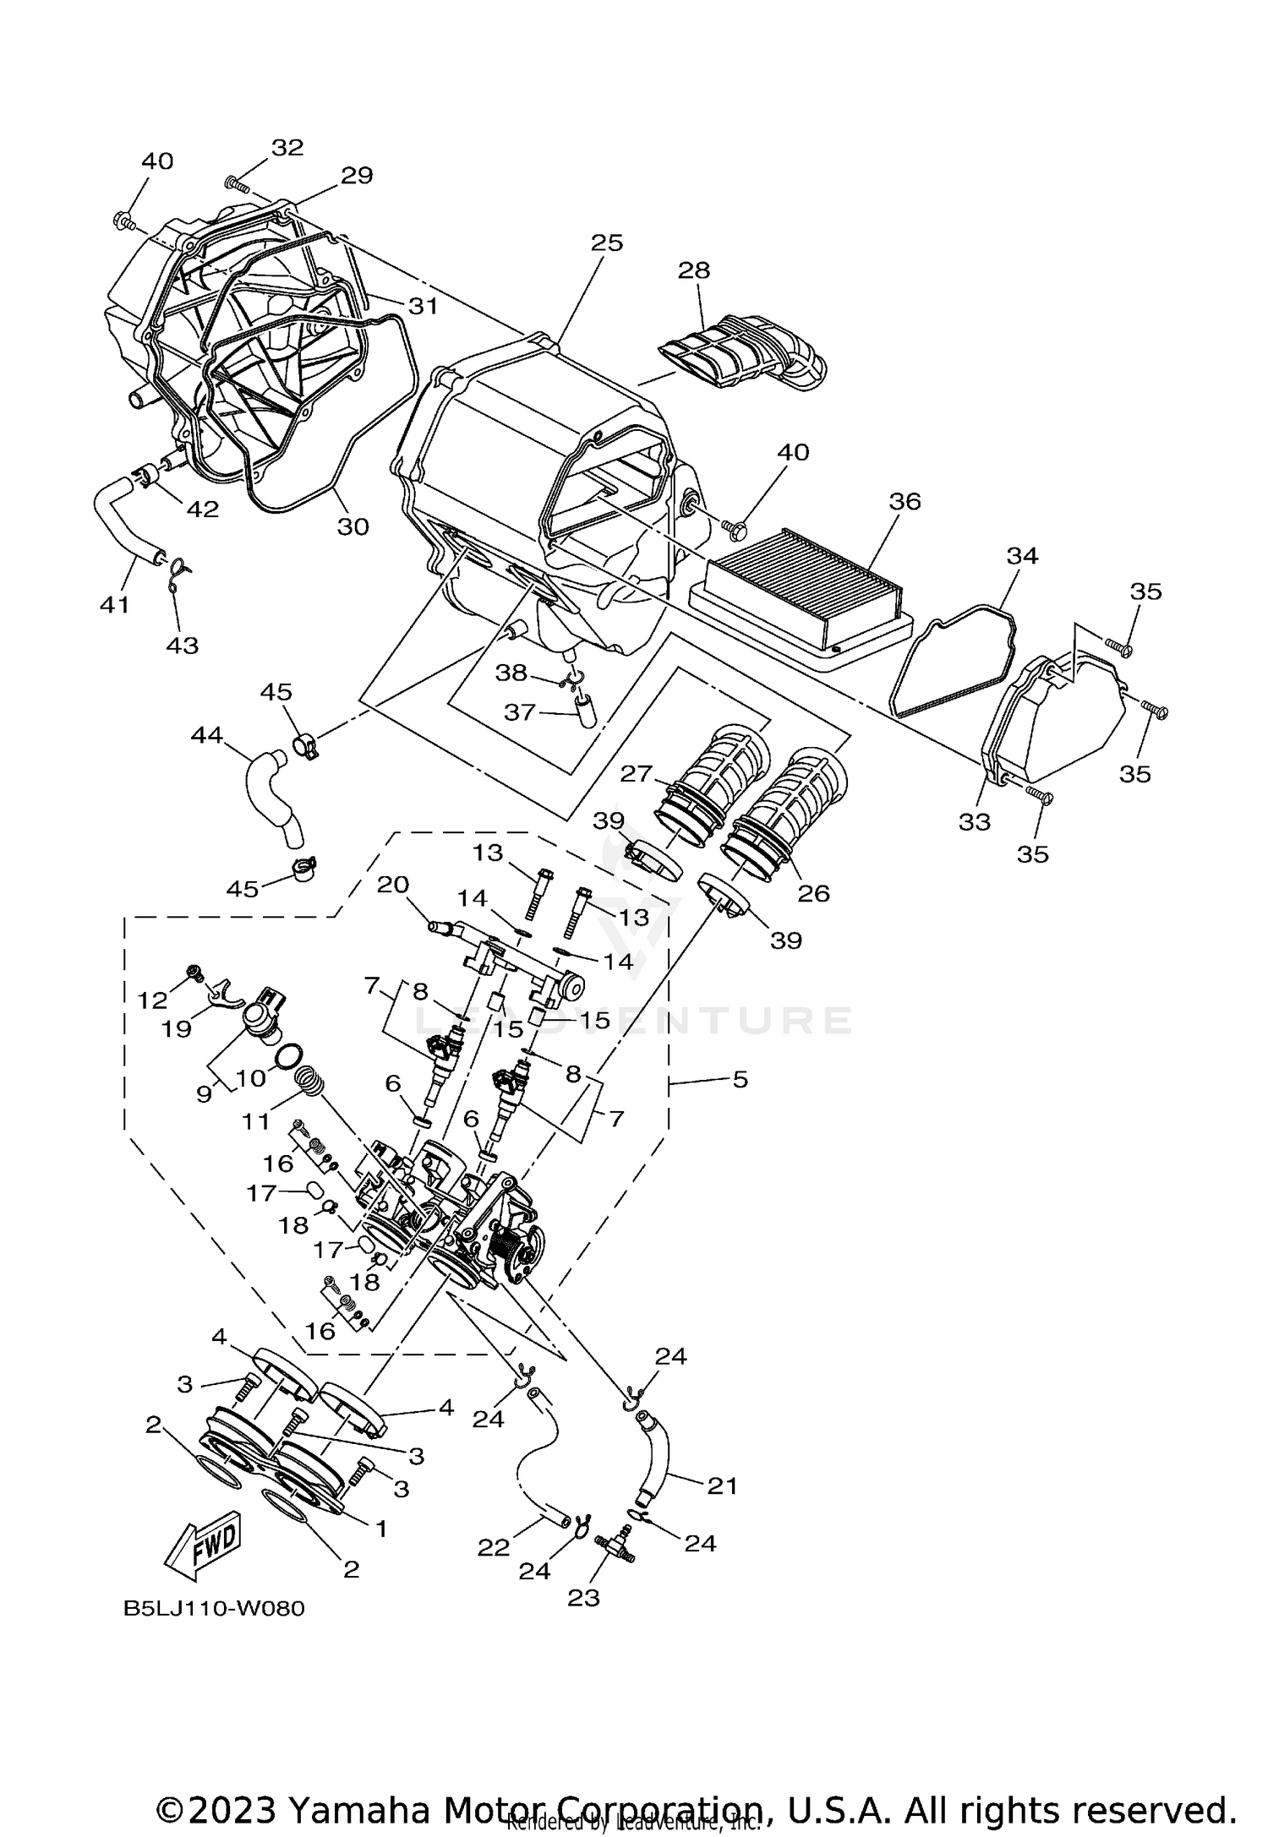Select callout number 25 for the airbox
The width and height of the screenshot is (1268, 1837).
[x=606, y=243]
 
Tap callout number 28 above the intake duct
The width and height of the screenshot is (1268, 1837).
[x=694, y=270]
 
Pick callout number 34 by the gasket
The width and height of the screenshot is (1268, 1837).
[x=1022, y=556]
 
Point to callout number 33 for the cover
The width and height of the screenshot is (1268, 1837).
[x=974, y=821]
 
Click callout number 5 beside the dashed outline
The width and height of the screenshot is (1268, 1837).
[x=741, y=1079]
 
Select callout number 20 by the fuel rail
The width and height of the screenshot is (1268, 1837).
[x=393, y=885]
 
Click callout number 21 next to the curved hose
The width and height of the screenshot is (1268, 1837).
[x=722, y=1485]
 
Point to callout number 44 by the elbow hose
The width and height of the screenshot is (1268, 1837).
[x=207, y=736]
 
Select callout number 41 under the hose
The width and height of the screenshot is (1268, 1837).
[x=115, y=605]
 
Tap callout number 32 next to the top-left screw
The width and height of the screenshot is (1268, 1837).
[x=287, y=147]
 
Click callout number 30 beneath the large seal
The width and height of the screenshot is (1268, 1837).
[x=353, y=526]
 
